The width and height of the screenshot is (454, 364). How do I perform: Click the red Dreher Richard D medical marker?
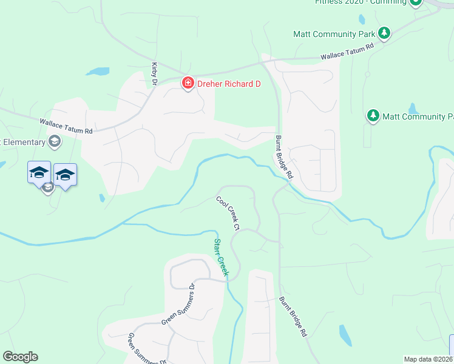[188, 84]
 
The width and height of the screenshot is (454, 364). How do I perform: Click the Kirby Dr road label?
[155, 73]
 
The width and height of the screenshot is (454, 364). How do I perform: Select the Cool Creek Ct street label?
[227, 212]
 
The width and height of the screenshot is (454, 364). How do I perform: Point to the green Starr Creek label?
[220, 258]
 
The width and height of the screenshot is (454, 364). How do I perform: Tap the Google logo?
[20, 357]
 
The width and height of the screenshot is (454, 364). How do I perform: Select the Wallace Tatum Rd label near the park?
[347, 54]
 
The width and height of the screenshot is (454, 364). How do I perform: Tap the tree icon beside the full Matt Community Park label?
[384, 32]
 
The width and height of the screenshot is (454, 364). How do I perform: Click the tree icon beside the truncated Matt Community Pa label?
[373, 115]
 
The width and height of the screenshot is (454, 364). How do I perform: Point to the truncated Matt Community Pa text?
[418, 116]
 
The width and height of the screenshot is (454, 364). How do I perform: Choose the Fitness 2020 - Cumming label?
[361, 2]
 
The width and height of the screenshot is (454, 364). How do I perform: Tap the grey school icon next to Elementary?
[54, 142]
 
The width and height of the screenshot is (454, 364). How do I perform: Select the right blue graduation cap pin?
[65, 175]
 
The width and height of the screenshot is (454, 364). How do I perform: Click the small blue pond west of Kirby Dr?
[97, 72]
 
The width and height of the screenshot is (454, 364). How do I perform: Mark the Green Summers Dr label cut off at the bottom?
[146, 348]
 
